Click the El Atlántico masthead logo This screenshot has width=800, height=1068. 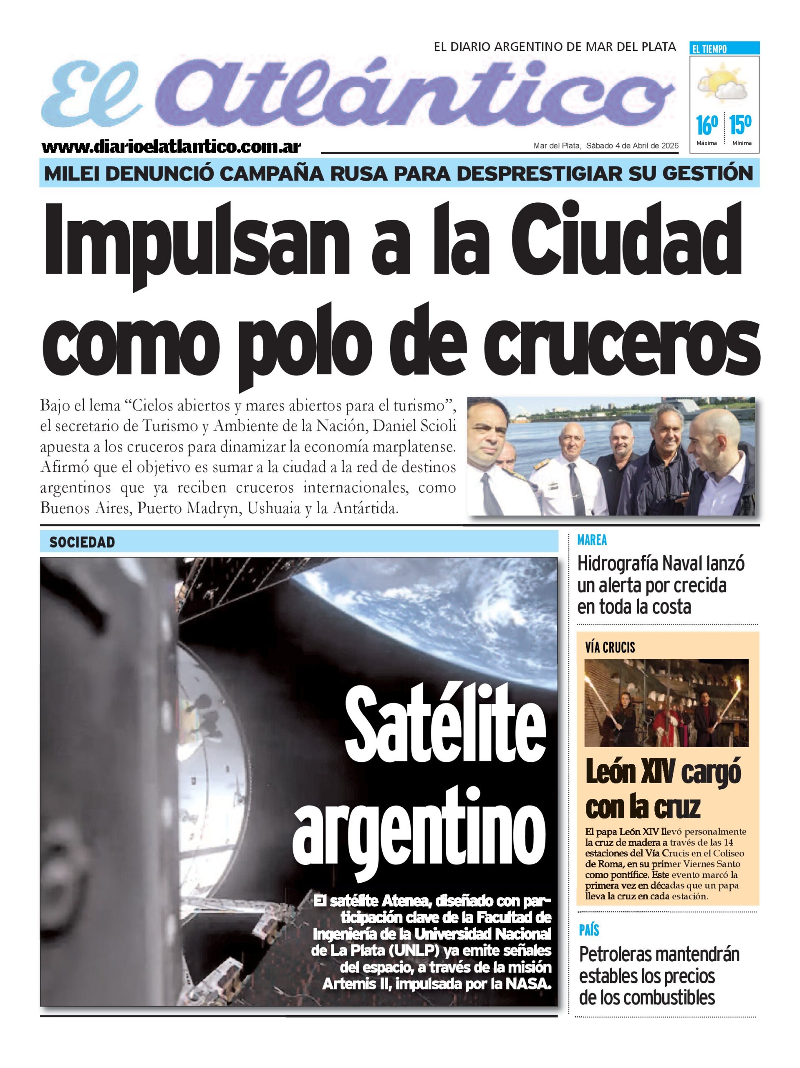(x=358, y=92)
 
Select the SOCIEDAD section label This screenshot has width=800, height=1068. (x=82, y=542)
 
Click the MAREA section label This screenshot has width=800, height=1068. (x=592, y=540)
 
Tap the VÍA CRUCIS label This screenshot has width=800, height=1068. (x=610, y=647)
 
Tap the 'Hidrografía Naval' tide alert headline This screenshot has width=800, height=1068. (x=660, y=585)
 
